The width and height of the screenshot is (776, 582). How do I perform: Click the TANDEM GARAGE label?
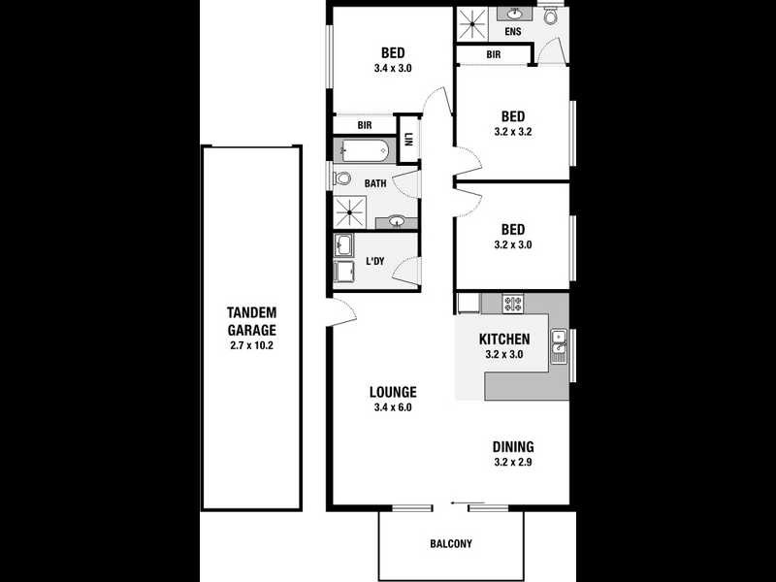coord(251,320)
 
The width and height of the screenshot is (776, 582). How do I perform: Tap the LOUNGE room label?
coord(393,393)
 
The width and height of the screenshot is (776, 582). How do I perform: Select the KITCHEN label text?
coord(504,339)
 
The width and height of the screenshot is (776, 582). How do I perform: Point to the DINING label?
coord(512,447)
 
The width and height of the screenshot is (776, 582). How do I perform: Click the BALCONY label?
coord(451,544)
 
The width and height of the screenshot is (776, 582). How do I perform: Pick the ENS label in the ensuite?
coord(512,32)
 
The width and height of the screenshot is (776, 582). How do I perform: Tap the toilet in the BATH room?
coord(341,179)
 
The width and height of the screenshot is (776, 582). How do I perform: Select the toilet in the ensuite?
coord(551,16)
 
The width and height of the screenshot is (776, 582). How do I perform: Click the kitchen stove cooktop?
coord(512,304)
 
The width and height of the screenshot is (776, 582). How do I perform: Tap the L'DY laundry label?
coord(375,262)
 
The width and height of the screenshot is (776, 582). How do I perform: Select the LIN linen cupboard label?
coord(408,138)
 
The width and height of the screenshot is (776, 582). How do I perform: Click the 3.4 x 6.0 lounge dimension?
coord(393,408)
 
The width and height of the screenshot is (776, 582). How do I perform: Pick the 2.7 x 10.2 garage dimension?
coord(251,345)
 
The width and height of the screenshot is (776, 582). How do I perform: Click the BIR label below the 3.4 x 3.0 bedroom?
coord(365,125)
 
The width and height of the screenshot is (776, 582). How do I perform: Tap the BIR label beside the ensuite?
coord(494,55)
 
